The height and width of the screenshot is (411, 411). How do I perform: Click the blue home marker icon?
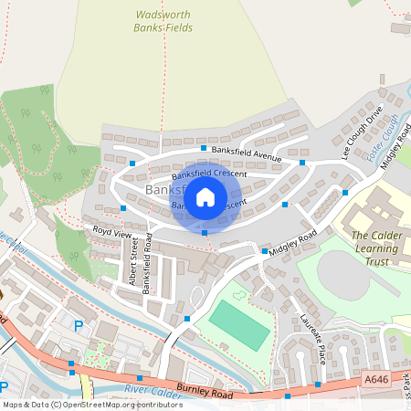(205, 196)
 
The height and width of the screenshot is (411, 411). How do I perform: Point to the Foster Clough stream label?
(386, 136)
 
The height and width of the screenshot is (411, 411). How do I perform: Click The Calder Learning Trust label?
(377, 248)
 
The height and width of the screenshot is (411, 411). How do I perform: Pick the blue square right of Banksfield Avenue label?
(302, 163)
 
